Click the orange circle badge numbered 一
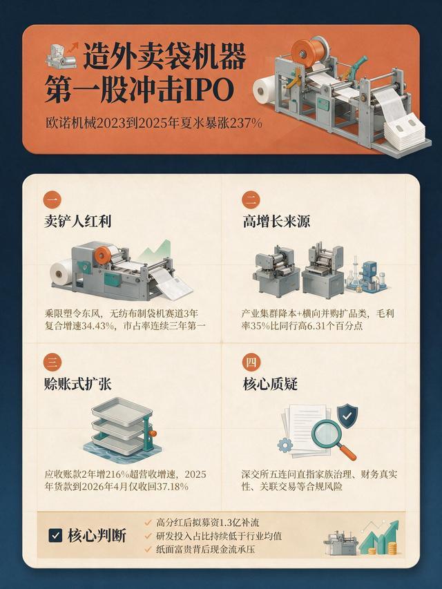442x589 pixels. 52,200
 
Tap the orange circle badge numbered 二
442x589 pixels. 251,200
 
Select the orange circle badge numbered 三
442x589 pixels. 52,362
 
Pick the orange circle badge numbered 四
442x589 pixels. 251,362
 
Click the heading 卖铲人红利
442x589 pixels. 78,221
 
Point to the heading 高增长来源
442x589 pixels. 276,221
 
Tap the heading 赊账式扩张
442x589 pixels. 78,384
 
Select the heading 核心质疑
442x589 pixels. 270,384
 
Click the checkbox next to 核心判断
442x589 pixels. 55,535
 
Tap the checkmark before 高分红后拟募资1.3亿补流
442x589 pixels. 148,523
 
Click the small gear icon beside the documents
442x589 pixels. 285,445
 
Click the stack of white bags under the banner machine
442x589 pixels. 404,130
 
